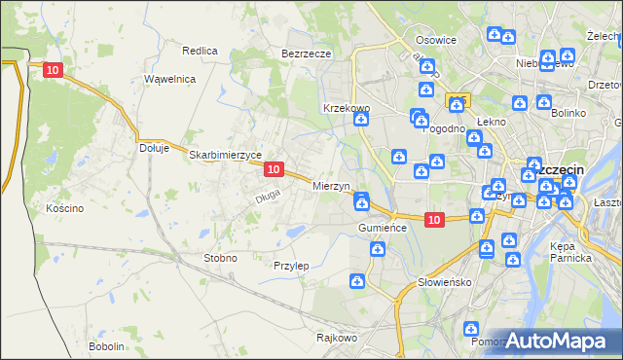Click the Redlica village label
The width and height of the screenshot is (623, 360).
pyautogui.click(x=200, y=50)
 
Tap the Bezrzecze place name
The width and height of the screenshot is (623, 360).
pyautogui.click(x=307, y=54)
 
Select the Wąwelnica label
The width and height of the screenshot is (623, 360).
pyautogui.click(x=170, y=79)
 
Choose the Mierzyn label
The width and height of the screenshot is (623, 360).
pyautogui.click(x=332, y=185)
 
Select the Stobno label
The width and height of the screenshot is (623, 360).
pyautogui.click(x=219, y=258)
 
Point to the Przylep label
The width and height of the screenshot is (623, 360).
pyautogui.click(x=291, y=266)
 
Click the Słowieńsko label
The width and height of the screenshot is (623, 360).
pyautogui.click(x=444, y=282)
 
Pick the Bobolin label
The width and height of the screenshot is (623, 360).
pyautogui.click(x=106, y=346)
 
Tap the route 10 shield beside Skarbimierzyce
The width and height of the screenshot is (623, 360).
pyautogui.click(x=274, y=169)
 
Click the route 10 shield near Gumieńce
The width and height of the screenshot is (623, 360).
pyautogui.click(x=434, y=221)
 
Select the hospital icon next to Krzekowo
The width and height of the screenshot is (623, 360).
pyautogui.click(x=361, y=120)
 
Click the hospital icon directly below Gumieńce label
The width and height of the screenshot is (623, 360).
pyautogui.click(x=376, y=250)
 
